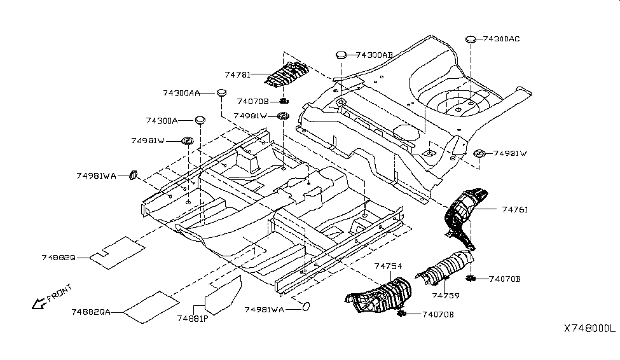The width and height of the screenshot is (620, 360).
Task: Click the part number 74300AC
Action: tap(502, 39)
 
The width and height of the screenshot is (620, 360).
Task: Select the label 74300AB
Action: tap(375, 55)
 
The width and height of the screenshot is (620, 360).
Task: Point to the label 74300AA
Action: tap(181, 93)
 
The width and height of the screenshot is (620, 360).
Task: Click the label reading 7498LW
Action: tap(250, 116)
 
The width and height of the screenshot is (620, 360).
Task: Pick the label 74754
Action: tap(388, 266)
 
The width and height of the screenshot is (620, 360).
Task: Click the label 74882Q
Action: tap(59, 258)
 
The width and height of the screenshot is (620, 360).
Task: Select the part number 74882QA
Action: tap(91, 312)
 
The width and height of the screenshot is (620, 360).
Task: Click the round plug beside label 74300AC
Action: tap(471, 39)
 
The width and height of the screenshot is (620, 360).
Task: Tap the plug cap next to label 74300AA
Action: tap(221, 93)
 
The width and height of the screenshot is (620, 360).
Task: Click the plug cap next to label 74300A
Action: tap(200, 119)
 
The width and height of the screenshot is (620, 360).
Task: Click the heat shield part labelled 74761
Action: tap(464, 213)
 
